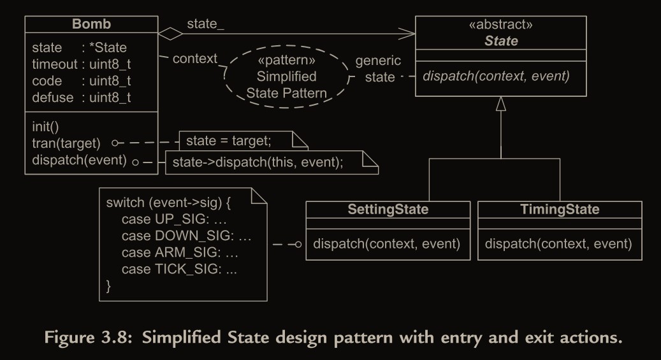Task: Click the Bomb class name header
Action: [x=91, y=24]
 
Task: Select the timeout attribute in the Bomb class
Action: [x=82, y=64]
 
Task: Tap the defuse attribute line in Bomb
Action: [x=82, y=97]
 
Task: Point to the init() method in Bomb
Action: [x=45, y=126]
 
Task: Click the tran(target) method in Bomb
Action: [x=66, y=143]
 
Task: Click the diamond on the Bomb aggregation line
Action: [x=170, y=31]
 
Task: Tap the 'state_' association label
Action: [x=205, y=24]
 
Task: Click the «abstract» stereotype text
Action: [x=501, y=25]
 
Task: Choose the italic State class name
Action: [x=501, y=41]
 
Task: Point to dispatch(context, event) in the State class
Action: [x=496, y=76]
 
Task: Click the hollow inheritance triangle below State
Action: [x=501, y=104]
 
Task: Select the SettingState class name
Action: [x=388, y=210]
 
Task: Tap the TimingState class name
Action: [x=560, y=210]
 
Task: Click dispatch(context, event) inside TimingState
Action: [x=558, y=243]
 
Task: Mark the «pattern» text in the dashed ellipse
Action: [x=287, y=62]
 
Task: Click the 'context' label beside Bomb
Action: [x=195, y=59]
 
